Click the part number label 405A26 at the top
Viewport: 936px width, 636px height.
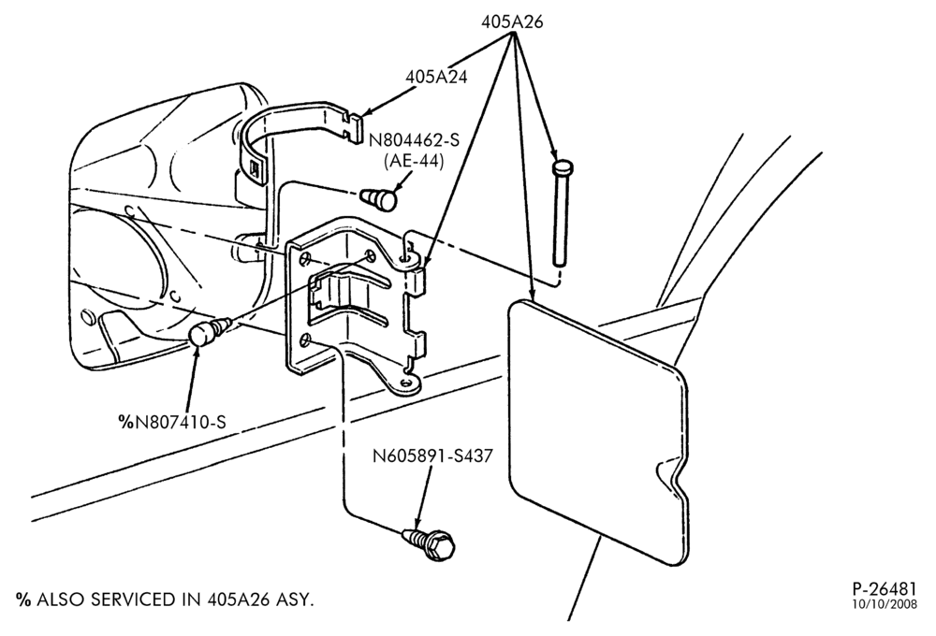pyautogui.click(x=512, y=22)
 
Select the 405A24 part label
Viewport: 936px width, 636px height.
pyautogui.click(x=436, y=77)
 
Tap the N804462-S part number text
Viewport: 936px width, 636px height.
pyautogui.click(x=415, y=140)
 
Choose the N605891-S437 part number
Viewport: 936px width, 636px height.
pyautogui.click(x=433, y=456)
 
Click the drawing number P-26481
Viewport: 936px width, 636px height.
pyautogui.click(x=885, y=589)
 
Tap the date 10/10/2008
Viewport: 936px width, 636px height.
pyautogui.click(x=885, y=604)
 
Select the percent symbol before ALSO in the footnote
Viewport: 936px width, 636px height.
pyautogui.click(x=23, y=600)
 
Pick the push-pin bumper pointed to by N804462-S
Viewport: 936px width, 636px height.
pyautogui.click(x=379, y=197)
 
